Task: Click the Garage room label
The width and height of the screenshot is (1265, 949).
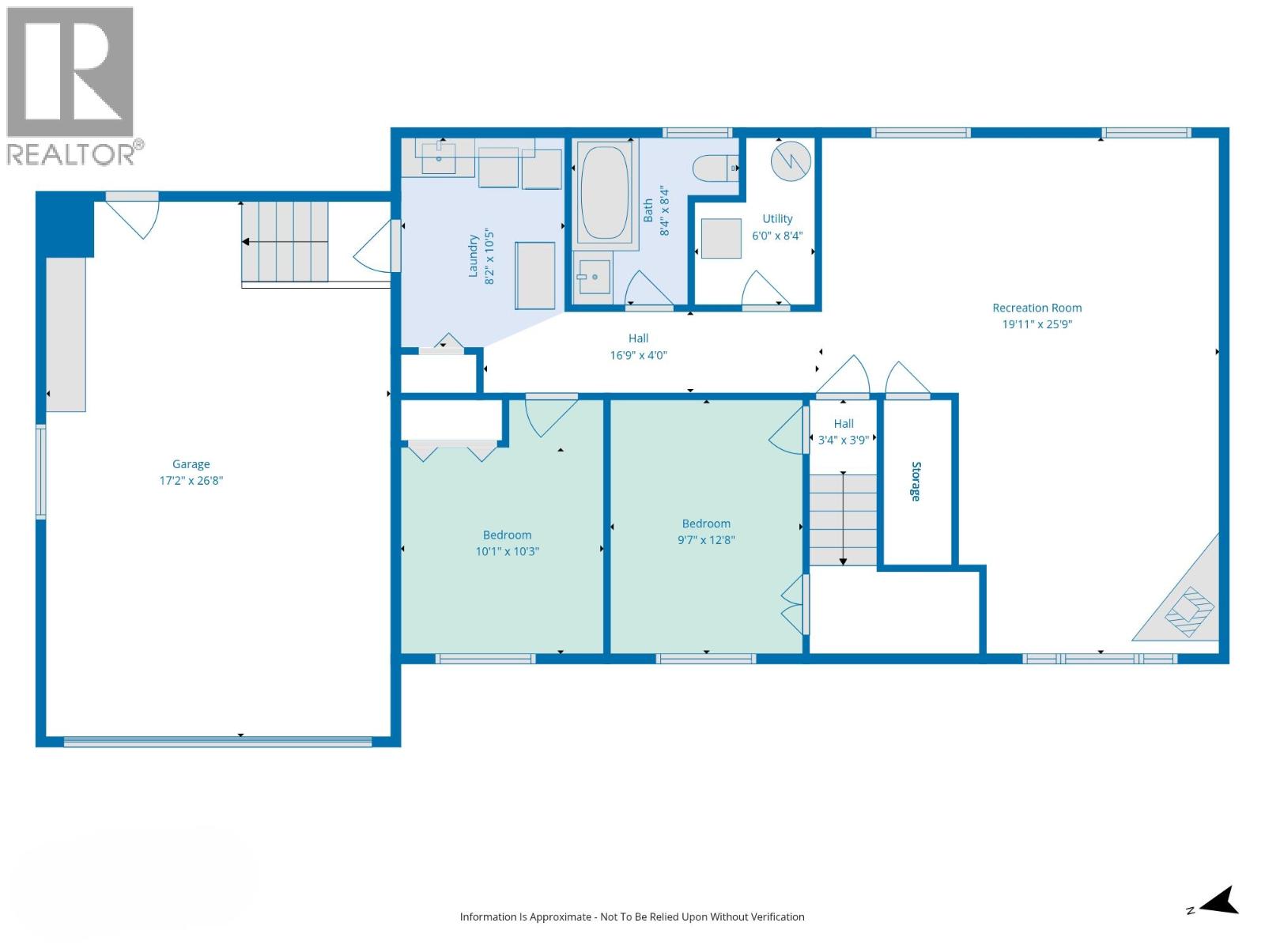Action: [x=191, y=464]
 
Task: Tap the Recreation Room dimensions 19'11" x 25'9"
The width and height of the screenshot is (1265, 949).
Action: [x=1037, y=324]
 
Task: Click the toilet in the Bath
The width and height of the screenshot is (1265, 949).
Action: [x=714, y=168]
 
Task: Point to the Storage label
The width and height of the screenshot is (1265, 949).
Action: [x=916, y=481]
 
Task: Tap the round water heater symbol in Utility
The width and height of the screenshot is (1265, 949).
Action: [x=791, y=161]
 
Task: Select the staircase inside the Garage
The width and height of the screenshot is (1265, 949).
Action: [x=285, y=241]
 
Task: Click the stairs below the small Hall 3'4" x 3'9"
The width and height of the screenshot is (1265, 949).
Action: [x=843, y=519]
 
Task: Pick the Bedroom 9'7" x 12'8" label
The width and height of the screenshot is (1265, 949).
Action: [x=706, y=524]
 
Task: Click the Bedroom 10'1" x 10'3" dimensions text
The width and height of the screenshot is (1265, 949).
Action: [x=507, y=552]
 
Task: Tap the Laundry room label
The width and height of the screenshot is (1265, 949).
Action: [x=473, y=255]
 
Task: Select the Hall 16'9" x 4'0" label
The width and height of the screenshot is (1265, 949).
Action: [x=638, y=338]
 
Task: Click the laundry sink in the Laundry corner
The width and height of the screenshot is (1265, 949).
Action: [x=438, y=158]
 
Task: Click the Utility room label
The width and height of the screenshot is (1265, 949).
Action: [x=777, y=219]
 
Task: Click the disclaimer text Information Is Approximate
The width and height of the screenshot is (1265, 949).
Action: [x=632, y=917]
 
